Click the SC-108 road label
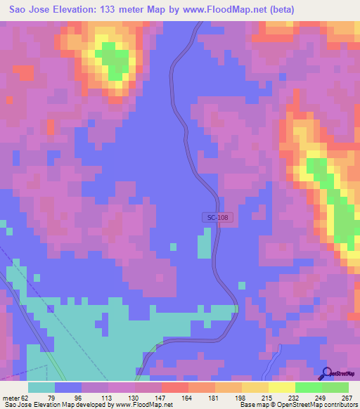click(218, 218)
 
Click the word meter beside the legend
click(10, 398)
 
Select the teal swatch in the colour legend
click(41, 387)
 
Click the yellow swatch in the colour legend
click(281, 387)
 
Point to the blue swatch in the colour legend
click(68, 387)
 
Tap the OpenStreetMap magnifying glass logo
click(326, 375)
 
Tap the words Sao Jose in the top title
click(27, 10)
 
